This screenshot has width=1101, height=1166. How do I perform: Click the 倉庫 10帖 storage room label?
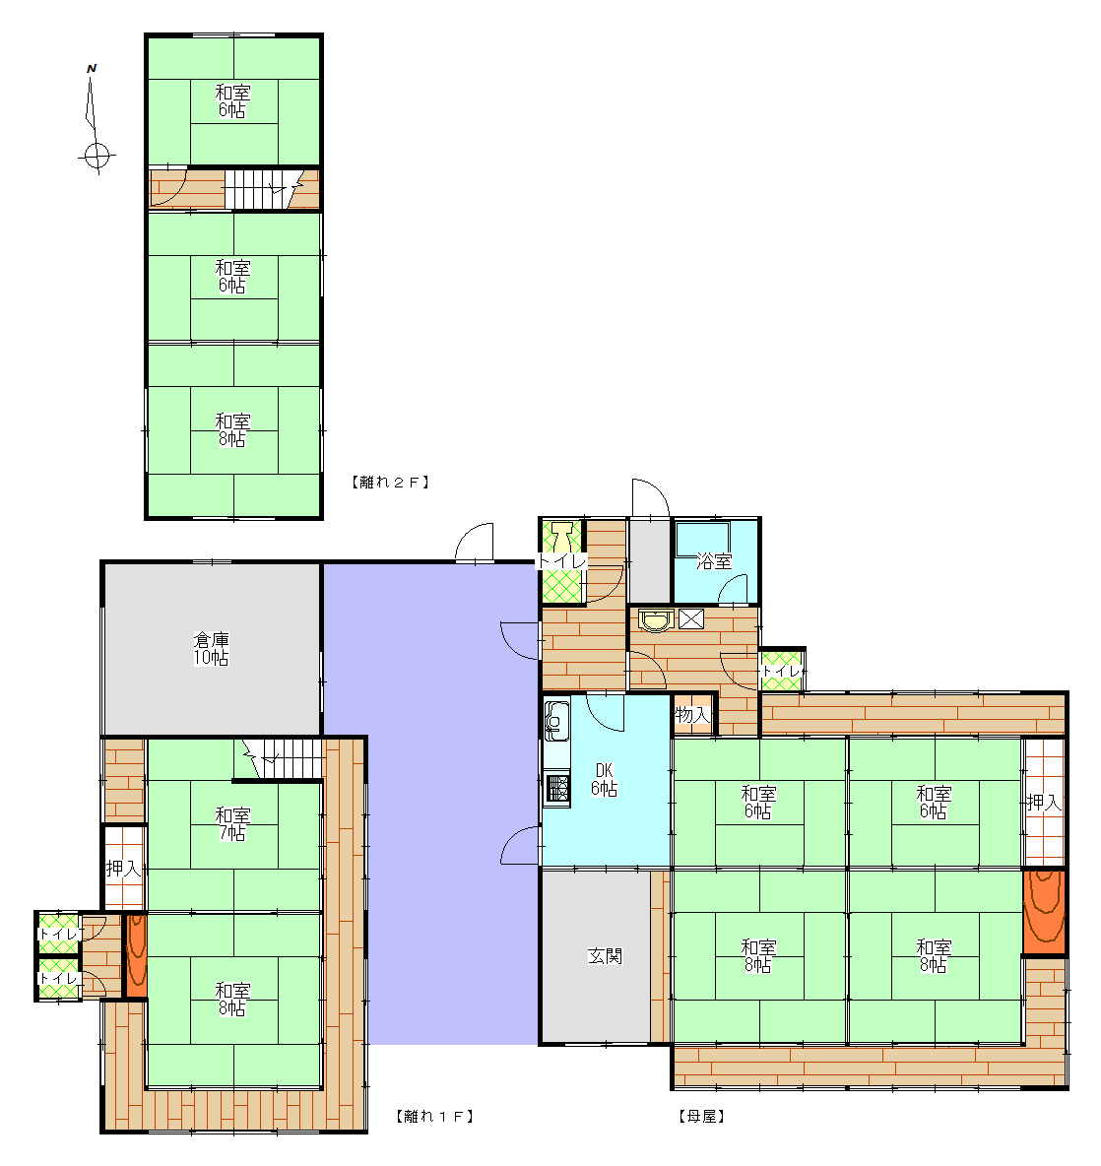211,648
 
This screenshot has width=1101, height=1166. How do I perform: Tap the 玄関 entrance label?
605,955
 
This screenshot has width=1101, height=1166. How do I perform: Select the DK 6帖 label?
605,779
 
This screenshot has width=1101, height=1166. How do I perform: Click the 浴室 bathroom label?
714,561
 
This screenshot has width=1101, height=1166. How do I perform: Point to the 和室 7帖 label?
232,824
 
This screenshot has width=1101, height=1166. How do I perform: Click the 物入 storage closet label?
691,715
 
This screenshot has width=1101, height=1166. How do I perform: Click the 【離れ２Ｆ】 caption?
390,482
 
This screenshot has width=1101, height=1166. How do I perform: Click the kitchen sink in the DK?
556,720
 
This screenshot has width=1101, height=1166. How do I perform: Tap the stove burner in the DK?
556,789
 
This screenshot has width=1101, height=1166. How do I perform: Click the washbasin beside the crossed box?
657,620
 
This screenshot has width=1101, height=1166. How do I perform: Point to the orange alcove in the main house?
1044,912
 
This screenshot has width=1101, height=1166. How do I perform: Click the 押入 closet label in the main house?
1044,803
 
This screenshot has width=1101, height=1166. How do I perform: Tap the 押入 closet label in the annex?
123,868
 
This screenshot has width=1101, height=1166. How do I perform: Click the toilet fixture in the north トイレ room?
562,536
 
